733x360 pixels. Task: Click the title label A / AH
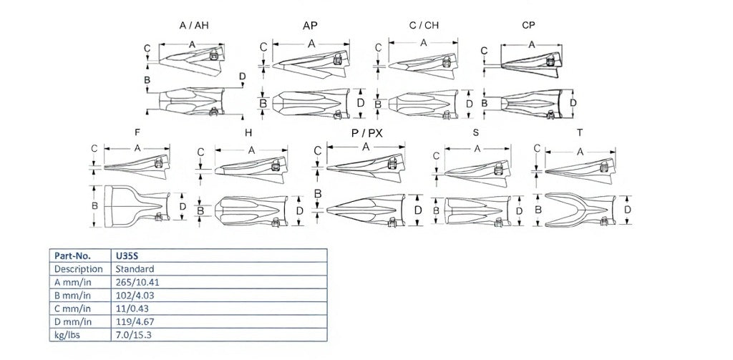click(x=193, y=25)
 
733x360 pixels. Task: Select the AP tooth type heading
click(x=310, y=26)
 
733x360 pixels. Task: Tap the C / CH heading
click(x=424, y=25)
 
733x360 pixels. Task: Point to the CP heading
click(x=528, y=25)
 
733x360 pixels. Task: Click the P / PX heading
click(x=367, y=133)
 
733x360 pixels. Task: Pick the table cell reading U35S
click(x=127, y=256)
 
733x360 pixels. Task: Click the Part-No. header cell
click(x=72, y=256)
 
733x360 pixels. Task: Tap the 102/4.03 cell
click(x=135, y=295)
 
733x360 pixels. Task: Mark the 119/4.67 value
click(x=135, y=321)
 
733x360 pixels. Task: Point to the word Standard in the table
click(x=135, y=269)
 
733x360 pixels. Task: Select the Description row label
click(x=79, y=269)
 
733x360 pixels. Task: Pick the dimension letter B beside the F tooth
click(x=94, y=205)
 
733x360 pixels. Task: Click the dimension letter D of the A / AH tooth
click(x=242, y=76)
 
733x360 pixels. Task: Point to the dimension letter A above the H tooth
click(x=251, y=150)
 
